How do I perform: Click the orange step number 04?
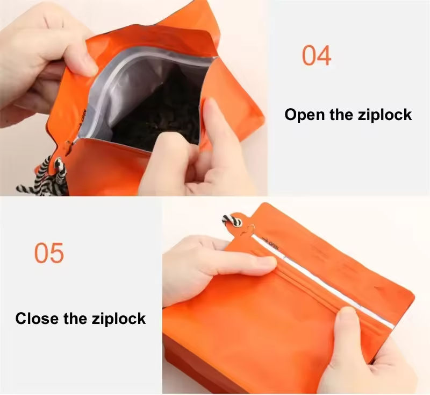(x=317, y=55)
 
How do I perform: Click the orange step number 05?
(x=49, y=253)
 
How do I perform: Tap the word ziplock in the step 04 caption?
(x=385, y=115)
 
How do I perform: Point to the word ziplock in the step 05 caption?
(x=118, y=319)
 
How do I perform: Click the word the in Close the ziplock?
(x=75, y=319)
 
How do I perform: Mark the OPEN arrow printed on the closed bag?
(x=271, y=243)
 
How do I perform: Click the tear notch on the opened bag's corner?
(x=69, y=145)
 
